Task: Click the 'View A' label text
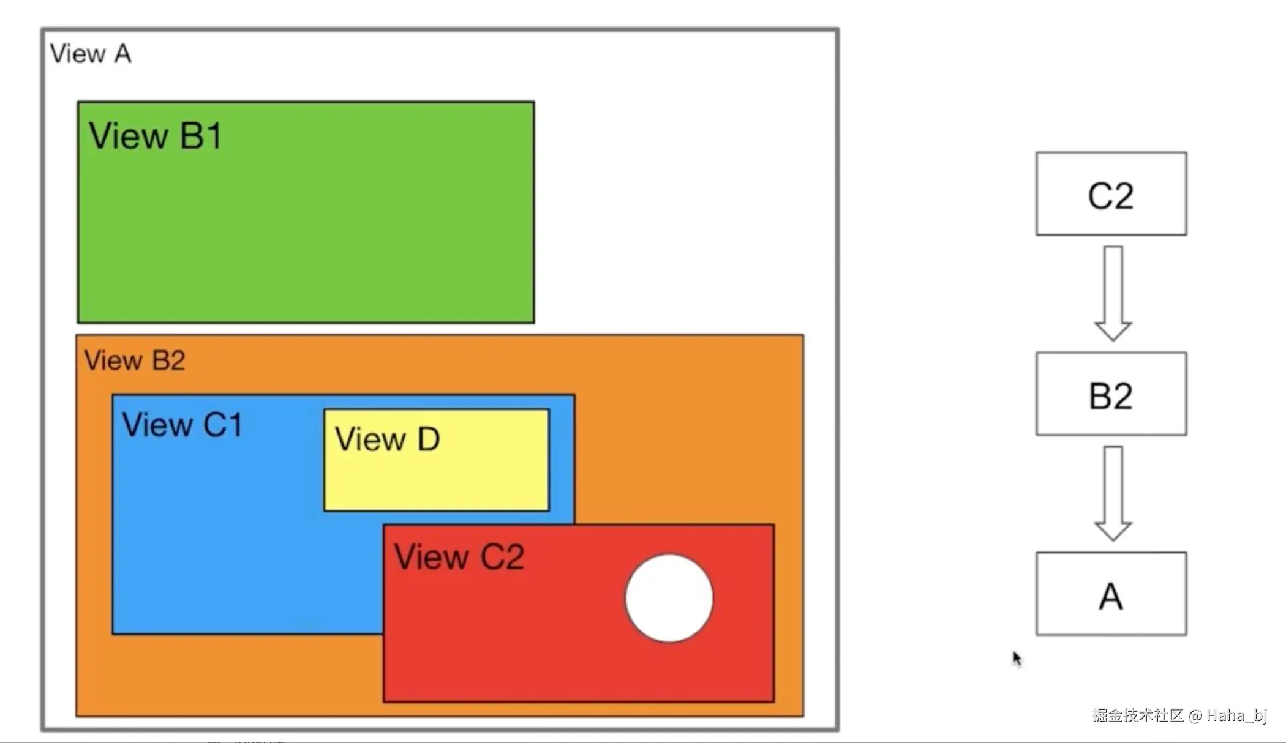[91, 54]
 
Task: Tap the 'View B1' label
[155, 136]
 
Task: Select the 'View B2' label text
[135, 360]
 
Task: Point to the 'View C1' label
[182, 425]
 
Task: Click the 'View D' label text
[387, 439]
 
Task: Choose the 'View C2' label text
[459, 557]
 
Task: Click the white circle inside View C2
[669, 598]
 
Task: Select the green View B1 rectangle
[306, 233]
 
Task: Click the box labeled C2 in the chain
[1111, 194]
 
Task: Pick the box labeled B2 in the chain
[1111, 394]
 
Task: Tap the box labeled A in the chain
[1111, 594]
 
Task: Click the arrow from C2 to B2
[1113, 293]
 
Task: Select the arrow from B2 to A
[1113, 493]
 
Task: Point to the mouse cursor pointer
[1017, 658]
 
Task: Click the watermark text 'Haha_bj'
[1236, 715]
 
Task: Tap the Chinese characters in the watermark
[1138, 715]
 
